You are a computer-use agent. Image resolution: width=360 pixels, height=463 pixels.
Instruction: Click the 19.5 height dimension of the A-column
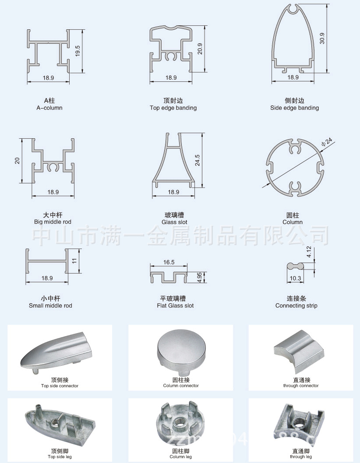(x=78, y=50)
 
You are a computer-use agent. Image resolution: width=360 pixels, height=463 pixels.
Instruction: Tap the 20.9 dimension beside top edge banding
(x=200, y=48)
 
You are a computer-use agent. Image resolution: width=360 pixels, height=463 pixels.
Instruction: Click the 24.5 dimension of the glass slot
(x=198, y=159)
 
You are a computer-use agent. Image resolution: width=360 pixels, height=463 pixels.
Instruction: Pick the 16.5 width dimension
(x=169, y=263)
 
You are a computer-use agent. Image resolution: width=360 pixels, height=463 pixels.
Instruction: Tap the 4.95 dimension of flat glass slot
(x=200, y=277)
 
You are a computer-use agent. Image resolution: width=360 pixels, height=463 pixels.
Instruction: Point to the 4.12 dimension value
(x=309, y=252)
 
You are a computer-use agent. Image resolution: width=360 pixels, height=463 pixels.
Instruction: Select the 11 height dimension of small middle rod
(x=75, y=260)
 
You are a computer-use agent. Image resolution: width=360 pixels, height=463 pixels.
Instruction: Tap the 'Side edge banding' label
(x=294, y=108)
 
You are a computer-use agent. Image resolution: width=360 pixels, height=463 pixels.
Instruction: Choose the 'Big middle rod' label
(x=53, y=222)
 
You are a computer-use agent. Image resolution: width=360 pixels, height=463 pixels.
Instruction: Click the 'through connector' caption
(x=301, y=386)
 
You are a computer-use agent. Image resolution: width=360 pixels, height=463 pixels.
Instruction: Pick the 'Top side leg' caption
(x=60, y=456)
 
